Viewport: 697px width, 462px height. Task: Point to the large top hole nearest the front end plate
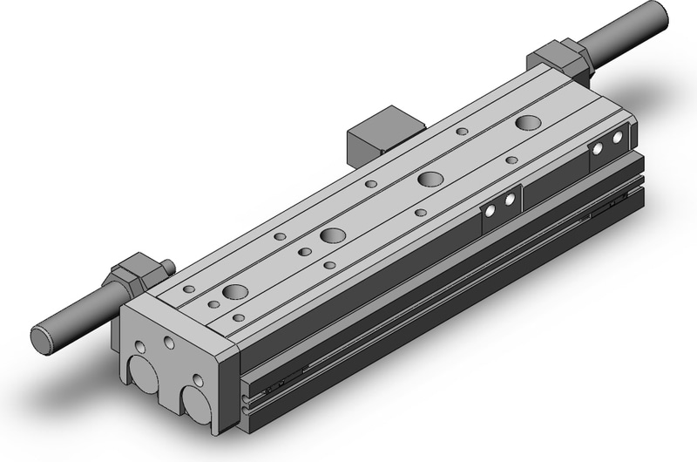(x=234, y=292)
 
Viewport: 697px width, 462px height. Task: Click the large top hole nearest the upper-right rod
(x=527, y=122)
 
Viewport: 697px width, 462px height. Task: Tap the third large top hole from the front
(x=429, y=180)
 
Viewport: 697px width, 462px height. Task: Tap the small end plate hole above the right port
(x=199, y=380)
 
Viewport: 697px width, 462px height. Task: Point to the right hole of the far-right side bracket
(x=619, y=138)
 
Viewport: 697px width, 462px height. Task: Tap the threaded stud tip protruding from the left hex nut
(x=166, y=266)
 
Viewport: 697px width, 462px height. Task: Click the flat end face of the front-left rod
(x=40, y=337)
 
